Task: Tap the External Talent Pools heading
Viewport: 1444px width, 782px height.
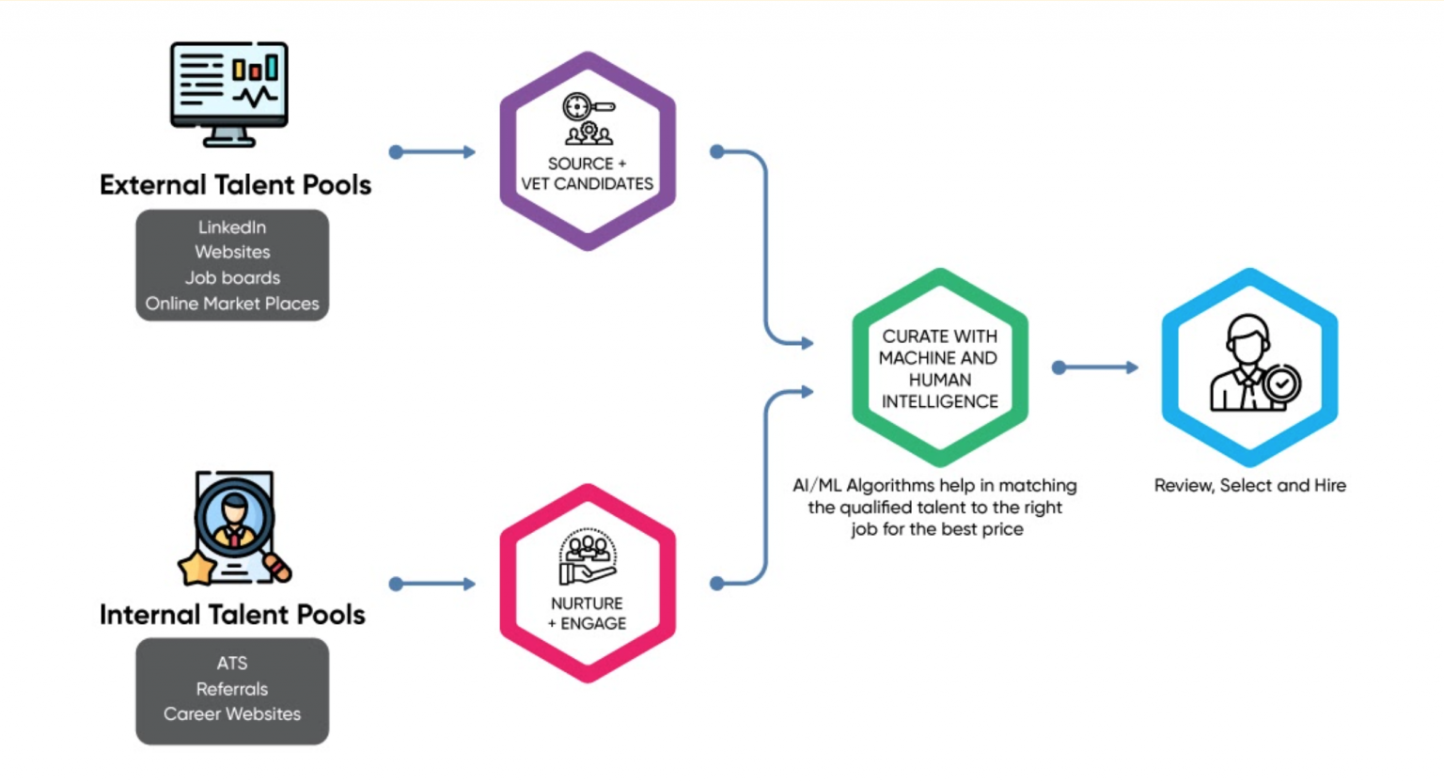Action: [x=235, y=184]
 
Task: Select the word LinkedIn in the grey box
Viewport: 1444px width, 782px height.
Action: [x=232, y=227]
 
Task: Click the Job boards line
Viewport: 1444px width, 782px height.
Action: [x=232, y=278]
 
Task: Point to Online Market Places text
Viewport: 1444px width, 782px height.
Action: [x=232, y=304]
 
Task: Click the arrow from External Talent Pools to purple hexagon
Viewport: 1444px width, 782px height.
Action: [x=432, y=151]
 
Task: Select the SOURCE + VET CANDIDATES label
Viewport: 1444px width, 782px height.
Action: [x=587, y=174]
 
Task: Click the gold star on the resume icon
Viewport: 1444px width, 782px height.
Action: [x=197, y=568]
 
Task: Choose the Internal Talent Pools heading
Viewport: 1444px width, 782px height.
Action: [x=232, y=615]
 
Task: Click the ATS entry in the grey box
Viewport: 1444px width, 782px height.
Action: [x=232, y=664]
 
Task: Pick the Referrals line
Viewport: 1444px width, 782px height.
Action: [x=232, y=689]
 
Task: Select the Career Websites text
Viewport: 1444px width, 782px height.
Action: [x=232, y=714]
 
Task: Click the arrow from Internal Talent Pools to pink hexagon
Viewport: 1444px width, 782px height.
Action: [x=432, y=584]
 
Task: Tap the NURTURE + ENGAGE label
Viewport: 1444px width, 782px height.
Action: [x=587, y=613]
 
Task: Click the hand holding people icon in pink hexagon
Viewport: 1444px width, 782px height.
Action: [x=587, y=558]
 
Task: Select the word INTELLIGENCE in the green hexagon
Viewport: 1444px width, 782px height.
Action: [x=939, y=401]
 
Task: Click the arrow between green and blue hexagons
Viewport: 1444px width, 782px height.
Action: [x=1095, y=368]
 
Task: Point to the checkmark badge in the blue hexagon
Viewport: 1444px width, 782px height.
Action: [x=1281, y=383]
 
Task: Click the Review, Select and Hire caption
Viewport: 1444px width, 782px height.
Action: [x=1249, y=486]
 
